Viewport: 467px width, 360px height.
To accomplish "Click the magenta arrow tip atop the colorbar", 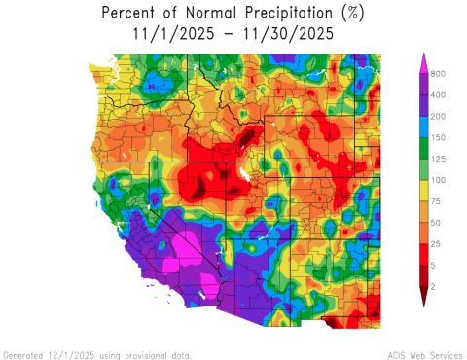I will point(423,60).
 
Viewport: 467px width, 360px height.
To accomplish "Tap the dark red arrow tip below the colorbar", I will point(423,301).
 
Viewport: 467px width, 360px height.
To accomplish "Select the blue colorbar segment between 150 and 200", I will point(423,126).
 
